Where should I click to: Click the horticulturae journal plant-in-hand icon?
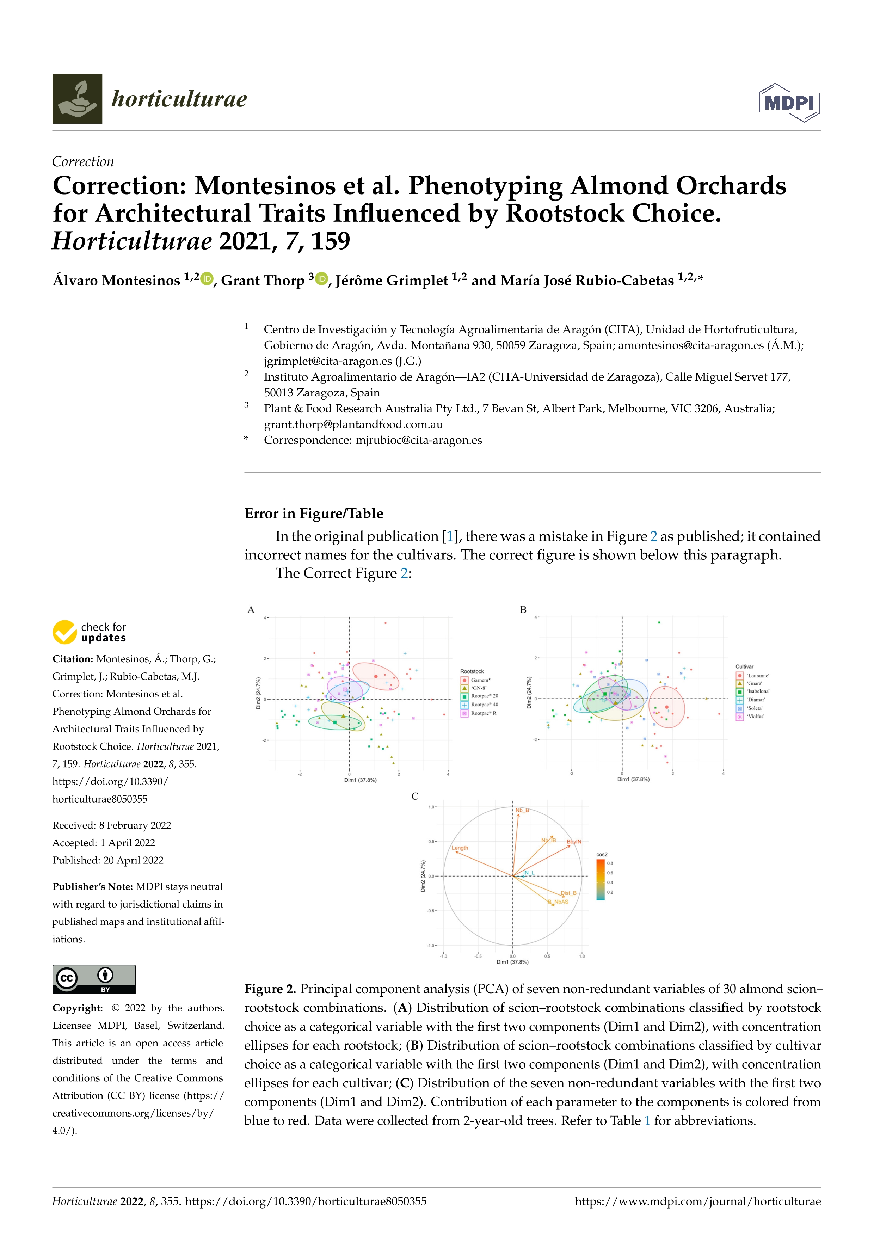pos(77,99)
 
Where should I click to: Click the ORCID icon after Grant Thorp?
pos(322,279)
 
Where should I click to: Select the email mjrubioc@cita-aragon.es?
pos(418,440)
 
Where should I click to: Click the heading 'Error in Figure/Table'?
pos(314,514)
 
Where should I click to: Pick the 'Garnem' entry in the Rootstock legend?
pos(480,680)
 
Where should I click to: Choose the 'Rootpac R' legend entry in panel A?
pos(483,713)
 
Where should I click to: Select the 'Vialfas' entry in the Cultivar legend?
pos(755,717)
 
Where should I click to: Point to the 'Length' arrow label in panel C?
pos(460,848)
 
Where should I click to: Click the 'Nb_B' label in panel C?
pos(522,810)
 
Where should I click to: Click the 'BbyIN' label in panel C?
pos(574,841)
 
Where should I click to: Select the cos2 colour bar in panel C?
pos(600,879)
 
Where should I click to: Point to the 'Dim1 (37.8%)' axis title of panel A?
pos(360,780)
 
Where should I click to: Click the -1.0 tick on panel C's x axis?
pos(443,956)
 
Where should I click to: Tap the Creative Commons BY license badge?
pos(94,979)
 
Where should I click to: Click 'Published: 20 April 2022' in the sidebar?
pos(107,860)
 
